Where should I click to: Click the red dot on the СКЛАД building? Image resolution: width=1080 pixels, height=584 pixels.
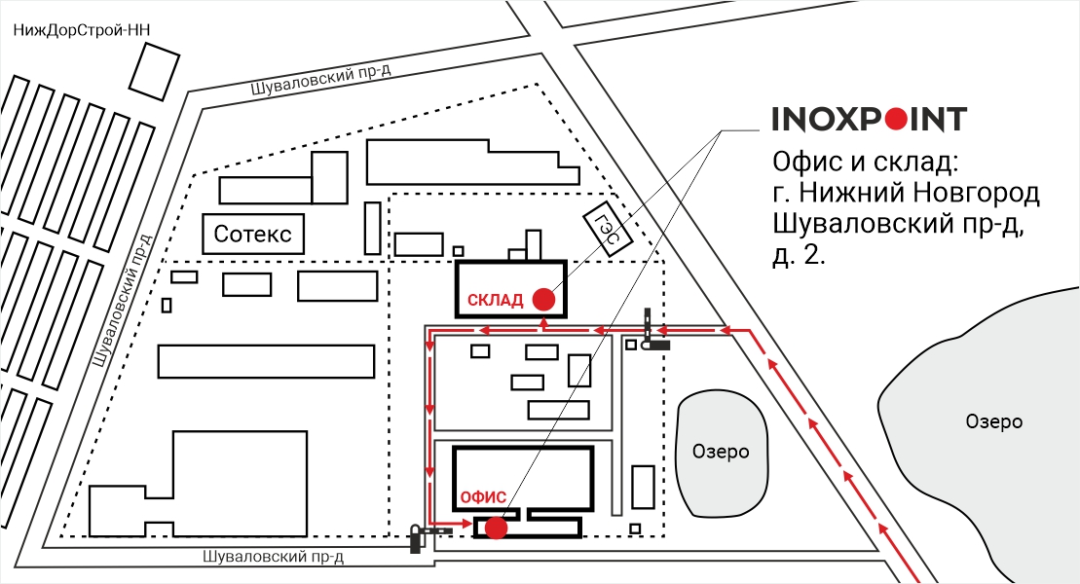coord(544,299)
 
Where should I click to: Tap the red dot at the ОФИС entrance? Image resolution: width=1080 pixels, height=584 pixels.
coord(496,528)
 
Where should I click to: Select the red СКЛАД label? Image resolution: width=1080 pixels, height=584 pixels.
coord(496,300)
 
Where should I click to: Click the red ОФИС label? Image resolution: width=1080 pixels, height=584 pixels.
coord(483,496)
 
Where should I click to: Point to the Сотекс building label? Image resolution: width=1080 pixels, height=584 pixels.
coord(253,235)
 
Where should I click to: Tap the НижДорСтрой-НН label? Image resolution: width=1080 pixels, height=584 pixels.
coord(82,30)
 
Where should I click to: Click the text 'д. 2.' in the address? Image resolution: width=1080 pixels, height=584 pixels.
coord(799,255)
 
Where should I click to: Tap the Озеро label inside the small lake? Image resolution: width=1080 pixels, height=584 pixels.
coord(721,452)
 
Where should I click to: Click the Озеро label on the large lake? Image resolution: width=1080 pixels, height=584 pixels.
coord(994,421)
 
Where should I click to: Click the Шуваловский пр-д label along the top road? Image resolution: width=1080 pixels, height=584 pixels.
coord(321,80)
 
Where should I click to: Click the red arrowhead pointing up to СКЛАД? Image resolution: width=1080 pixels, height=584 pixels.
coord(544,322)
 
